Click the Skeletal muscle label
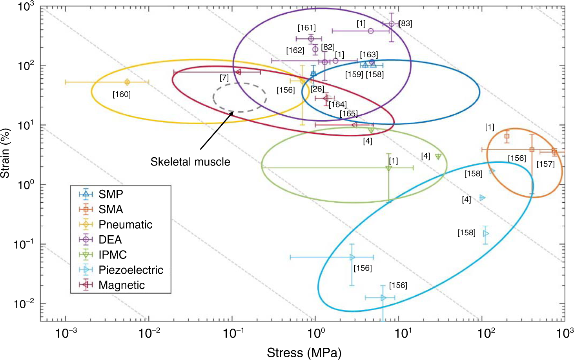(190, 162)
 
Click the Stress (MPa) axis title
(304, 352)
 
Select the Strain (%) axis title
(5, 153)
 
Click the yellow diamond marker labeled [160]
(127, 82)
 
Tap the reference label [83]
(405, 24)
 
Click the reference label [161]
(306, 28)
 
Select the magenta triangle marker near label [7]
(238, 72)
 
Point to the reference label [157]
(545, 164)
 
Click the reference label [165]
(348, 114)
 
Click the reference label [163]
(369, 55)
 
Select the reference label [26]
(317, 89)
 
